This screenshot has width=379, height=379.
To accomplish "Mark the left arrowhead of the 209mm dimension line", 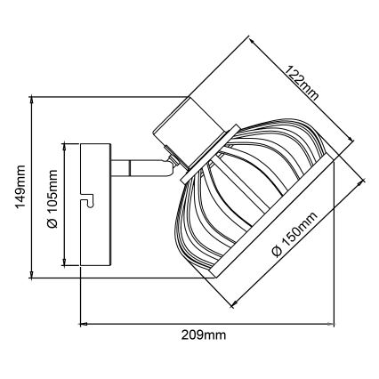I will (x=84, y=322).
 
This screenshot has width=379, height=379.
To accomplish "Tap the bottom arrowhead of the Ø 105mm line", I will (x=64, y=265).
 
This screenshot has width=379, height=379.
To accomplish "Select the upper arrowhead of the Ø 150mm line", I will (x=363, y=181).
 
